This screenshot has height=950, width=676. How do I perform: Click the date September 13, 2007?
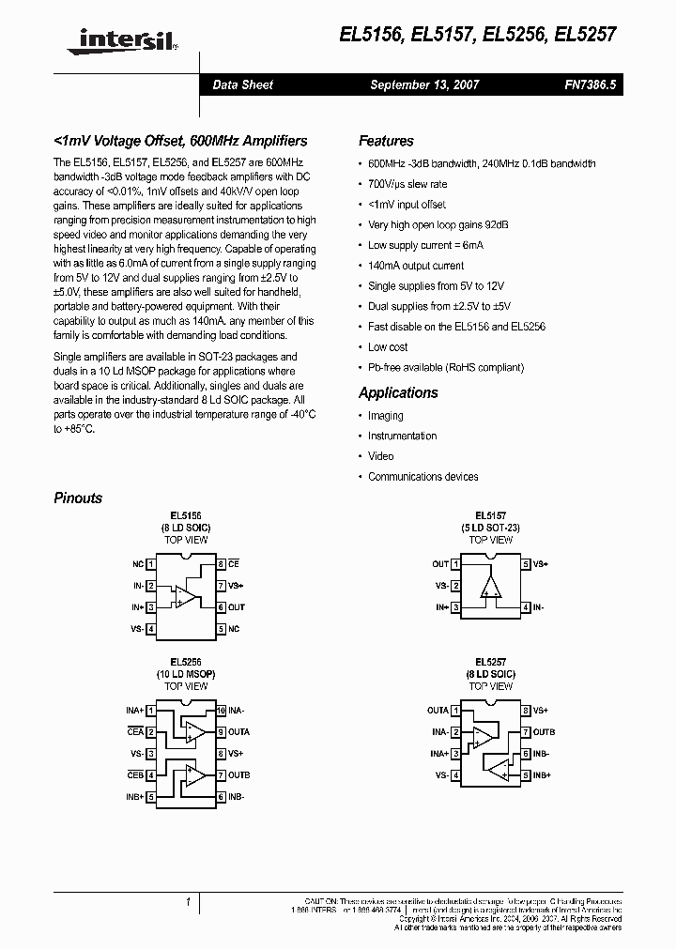(424, 84)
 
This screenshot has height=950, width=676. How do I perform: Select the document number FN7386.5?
(591, 84)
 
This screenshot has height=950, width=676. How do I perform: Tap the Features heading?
(386, 141)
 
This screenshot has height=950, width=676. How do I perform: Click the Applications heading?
(398, 392)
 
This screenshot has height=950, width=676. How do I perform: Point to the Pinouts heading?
(78, 498)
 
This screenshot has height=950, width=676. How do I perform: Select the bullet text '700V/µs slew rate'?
(407, 184)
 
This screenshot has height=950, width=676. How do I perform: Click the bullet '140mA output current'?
(416, 266)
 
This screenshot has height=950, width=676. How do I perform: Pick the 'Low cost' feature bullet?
(388, 347)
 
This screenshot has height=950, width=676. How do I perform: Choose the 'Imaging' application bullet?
(385, 416)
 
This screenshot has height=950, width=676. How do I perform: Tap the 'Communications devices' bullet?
(422, 477)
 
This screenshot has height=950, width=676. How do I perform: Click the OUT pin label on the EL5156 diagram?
(237, 607)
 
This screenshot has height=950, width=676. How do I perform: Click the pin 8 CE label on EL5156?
(234, 564)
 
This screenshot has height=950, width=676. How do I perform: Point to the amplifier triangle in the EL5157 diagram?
(490, 587)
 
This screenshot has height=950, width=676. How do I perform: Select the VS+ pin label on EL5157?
(540, 564)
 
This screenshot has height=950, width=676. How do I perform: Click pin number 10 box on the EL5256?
(221, 711)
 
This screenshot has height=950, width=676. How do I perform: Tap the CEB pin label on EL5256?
(135, 775)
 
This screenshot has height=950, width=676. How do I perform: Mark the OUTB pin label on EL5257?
(545, 732)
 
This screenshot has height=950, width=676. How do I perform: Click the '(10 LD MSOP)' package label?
(186, 675)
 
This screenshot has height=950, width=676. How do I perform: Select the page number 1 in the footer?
(188, 902)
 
